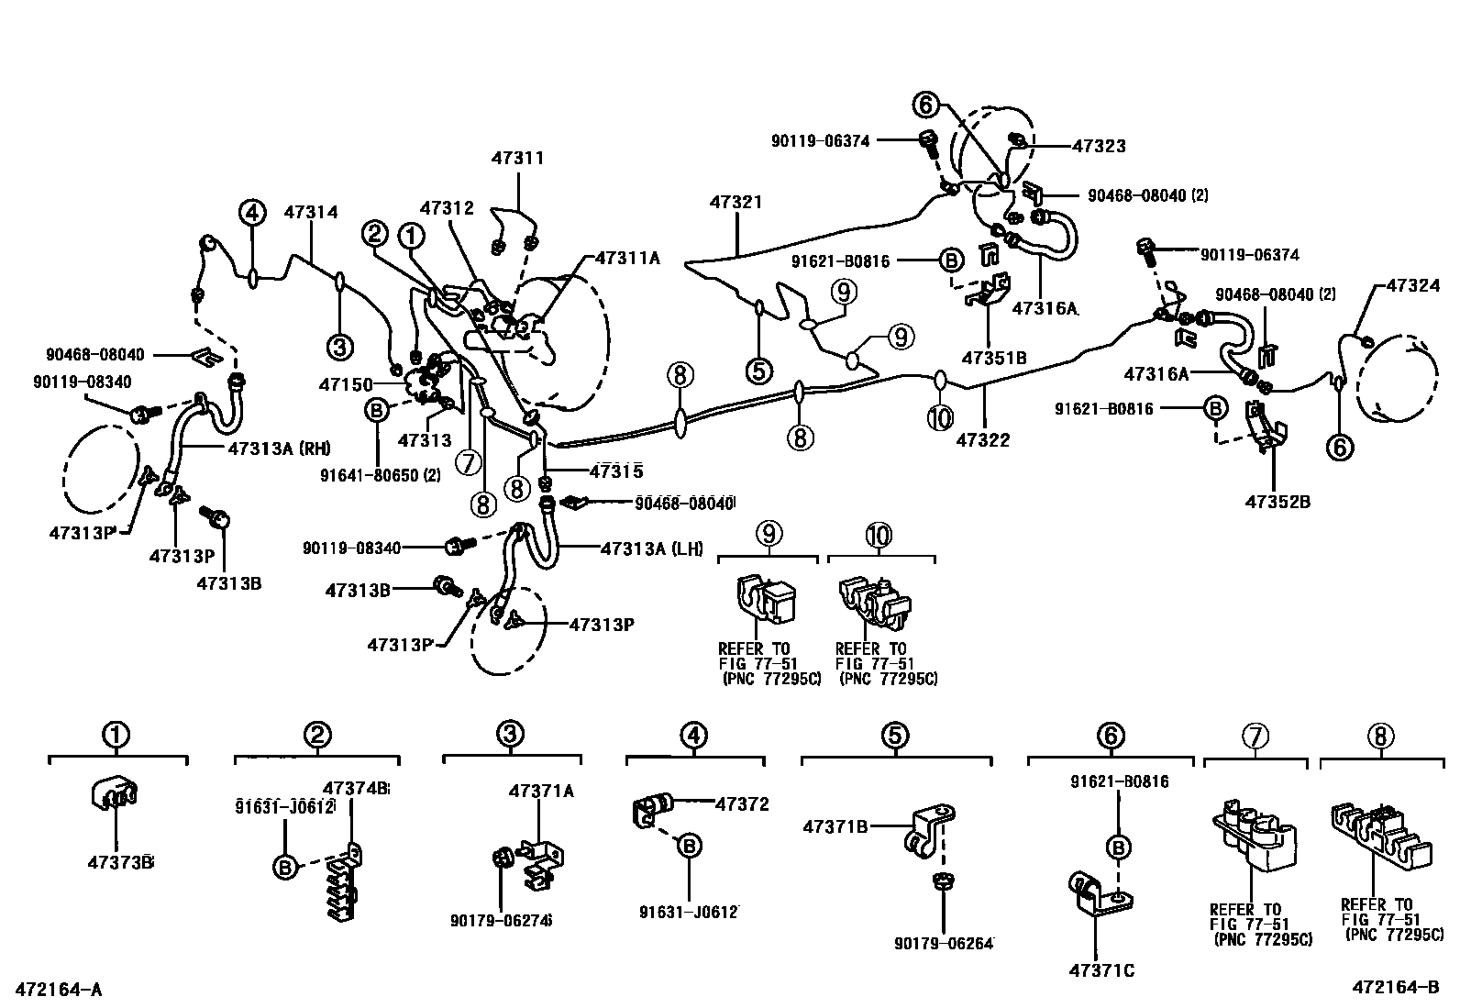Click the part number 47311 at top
pyautogui.click(x=518, y=158)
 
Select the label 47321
pyautogui.click(x=735, y=202)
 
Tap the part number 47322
pyautogui.click(x=982, y=440)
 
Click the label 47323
pyautogui.click(x=1099, y=146)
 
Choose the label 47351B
pyautogui.click(x=993, y=357)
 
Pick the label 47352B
pyautogui.click(x=1277, y=502)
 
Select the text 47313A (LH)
pyautogui.click(x=651, y=548)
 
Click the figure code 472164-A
pyautogui.click(x=58, y=990)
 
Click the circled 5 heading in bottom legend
pyautogui.click(x=895, y=736)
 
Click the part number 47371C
pyautogui.click(x=1101, y=969)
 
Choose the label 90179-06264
pyautogui.click(x=945, y=943)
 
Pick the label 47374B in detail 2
pyautogui.click(x=356, y=788)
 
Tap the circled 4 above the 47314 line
pyautogui.click(x=253, y=213)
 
